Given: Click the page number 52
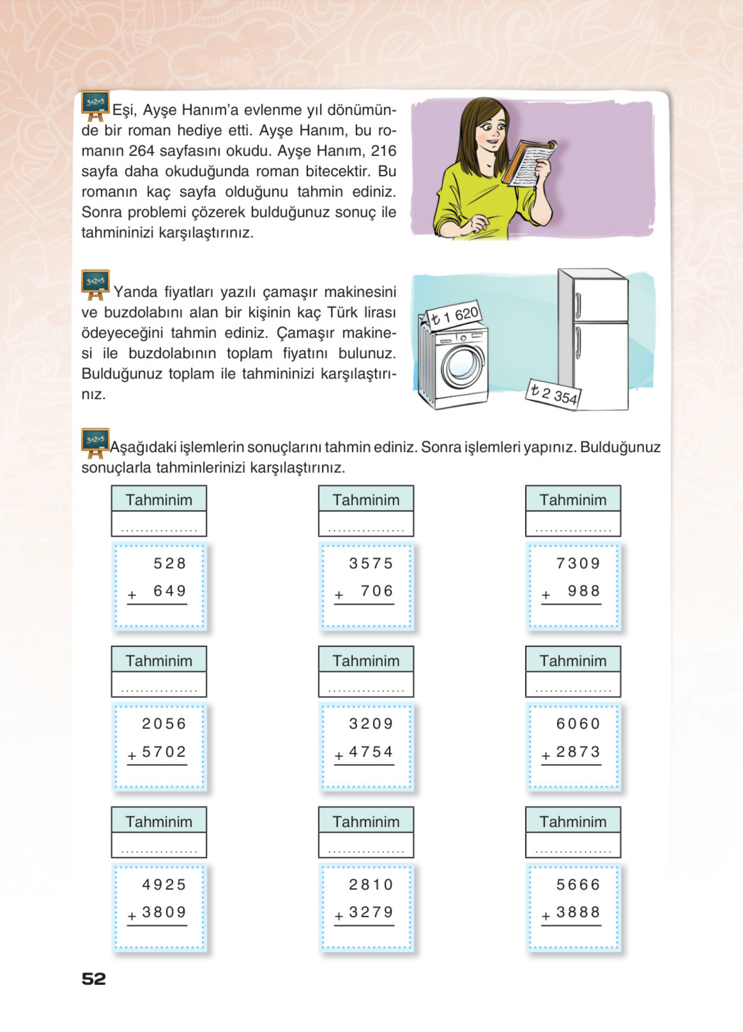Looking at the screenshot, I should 94,978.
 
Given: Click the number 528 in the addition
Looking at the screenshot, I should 169,563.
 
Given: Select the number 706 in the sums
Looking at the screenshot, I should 376,591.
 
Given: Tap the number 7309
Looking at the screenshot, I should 578,563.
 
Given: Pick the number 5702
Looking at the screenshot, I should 164,752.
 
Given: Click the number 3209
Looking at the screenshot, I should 371,723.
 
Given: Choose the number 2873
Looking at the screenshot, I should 578,752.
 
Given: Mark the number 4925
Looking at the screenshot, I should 164,885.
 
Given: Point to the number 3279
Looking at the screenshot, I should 371,912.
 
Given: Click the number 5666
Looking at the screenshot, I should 578,885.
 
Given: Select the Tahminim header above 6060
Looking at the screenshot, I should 573,661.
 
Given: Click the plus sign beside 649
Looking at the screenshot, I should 132,595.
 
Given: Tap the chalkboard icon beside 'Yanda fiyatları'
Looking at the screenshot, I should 95,284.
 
